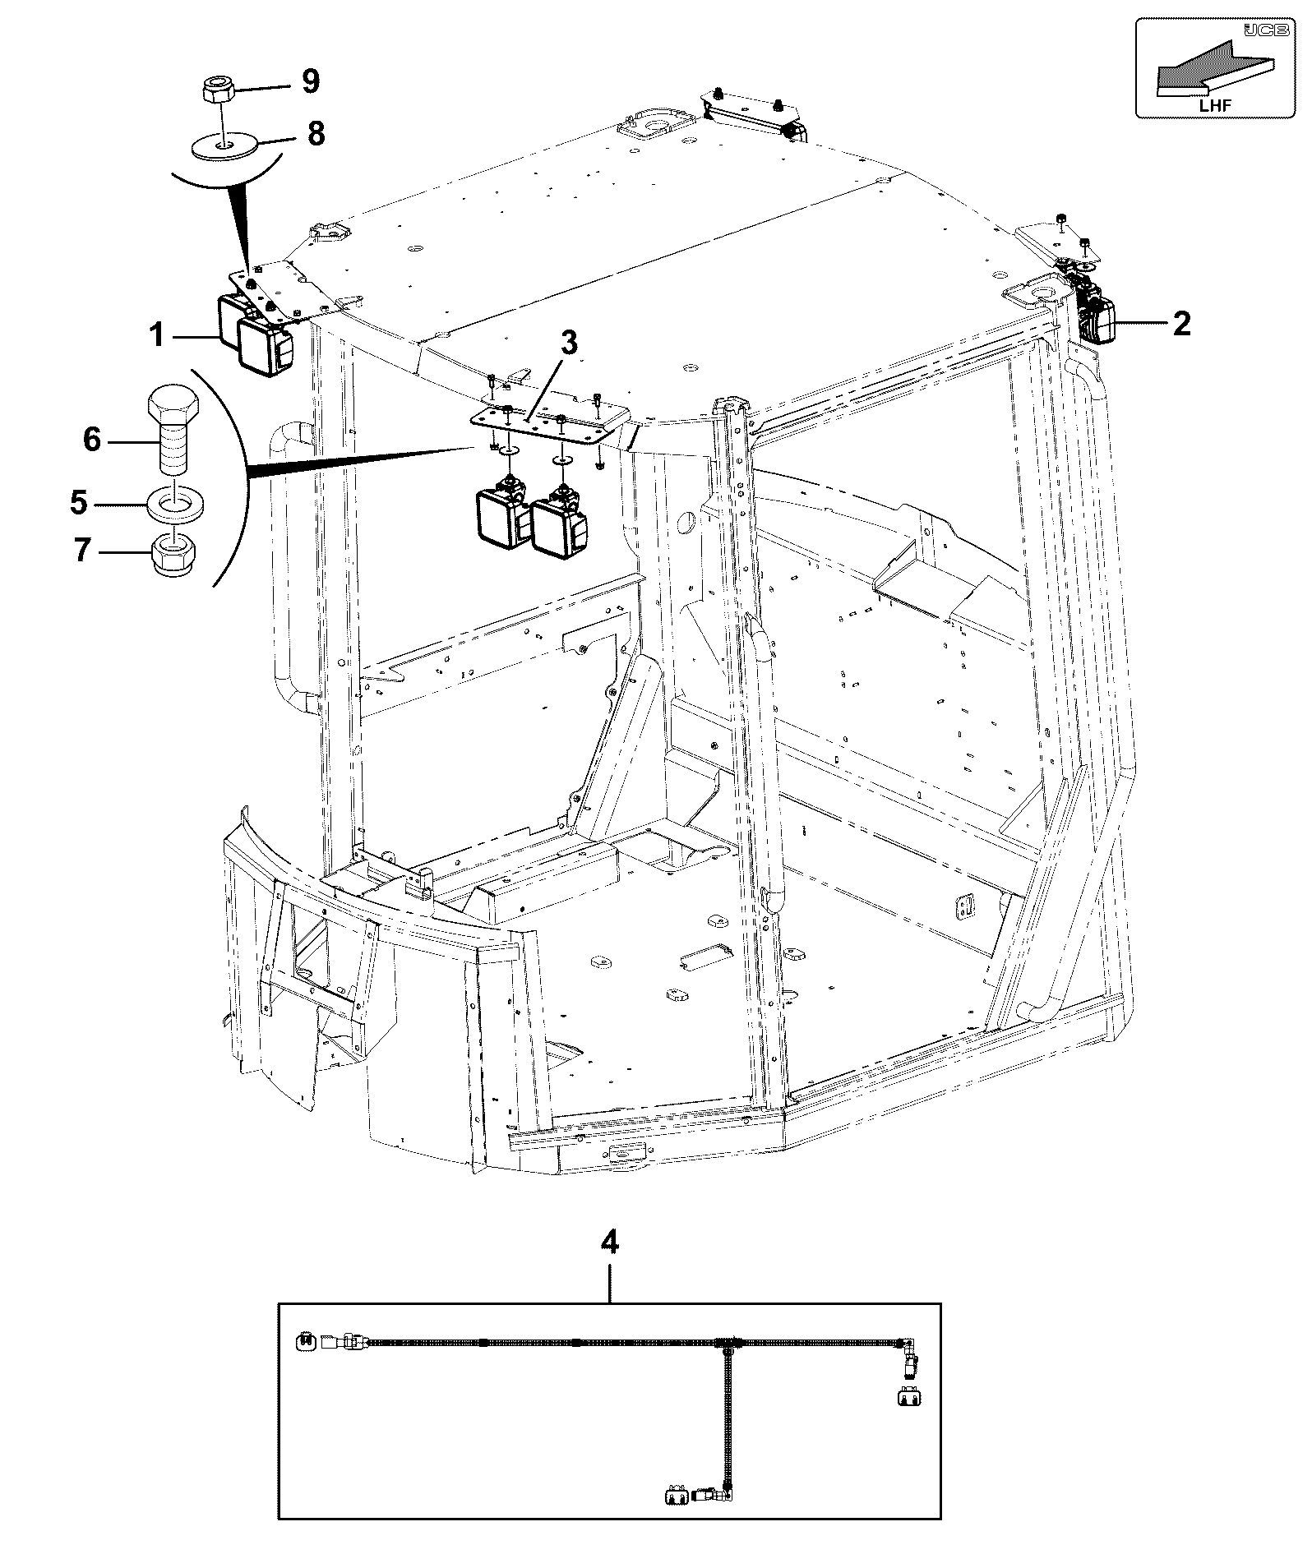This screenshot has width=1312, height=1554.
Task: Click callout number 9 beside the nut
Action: point(310,81)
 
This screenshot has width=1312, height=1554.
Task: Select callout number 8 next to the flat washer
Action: point(316,133)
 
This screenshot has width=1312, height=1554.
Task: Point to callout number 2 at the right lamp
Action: point(1180,324)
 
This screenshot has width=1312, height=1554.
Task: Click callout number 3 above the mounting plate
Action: point(569,344)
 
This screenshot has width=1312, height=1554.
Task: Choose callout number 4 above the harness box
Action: point(609,1266)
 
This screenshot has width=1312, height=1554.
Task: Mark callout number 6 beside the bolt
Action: point(92,440)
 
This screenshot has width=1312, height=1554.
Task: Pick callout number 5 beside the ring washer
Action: point(79,502)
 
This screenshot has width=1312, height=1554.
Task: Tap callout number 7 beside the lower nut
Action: point(81,551)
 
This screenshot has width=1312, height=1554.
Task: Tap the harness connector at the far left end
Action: point(303,1342)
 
